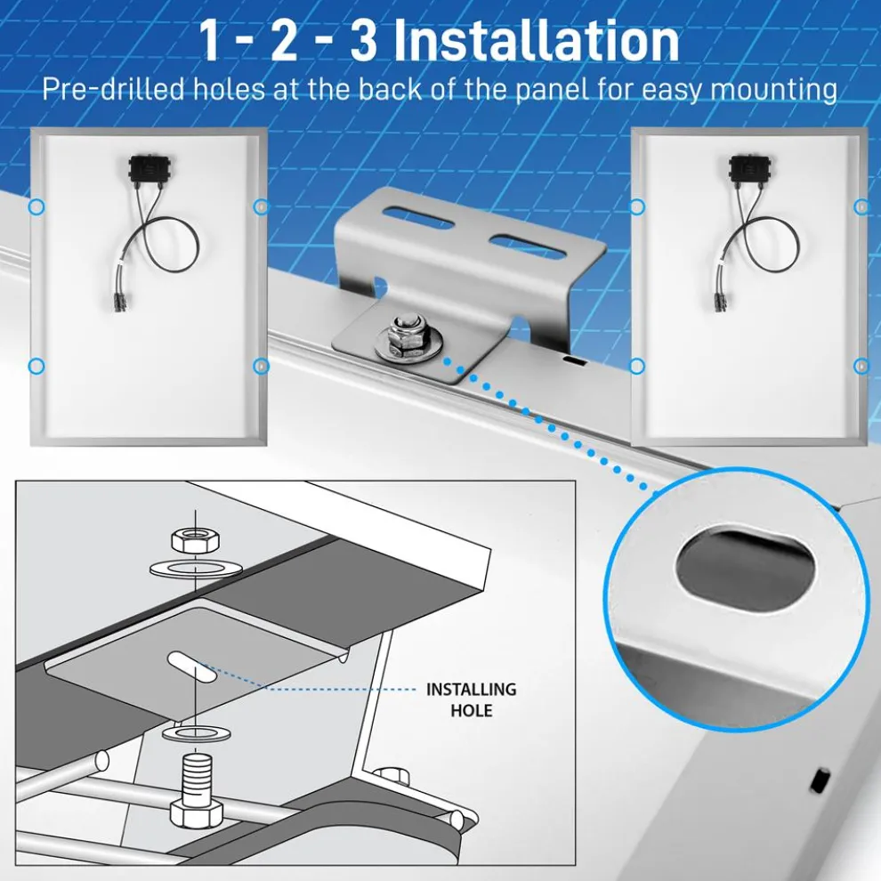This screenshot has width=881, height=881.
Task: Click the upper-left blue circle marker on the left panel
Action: click(36, 206)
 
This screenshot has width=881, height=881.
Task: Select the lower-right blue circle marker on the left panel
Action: click(261, 366)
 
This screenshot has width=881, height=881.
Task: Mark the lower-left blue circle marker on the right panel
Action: click(636, 366)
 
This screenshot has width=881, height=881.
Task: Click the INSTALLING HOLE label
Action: click(471, 699)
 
